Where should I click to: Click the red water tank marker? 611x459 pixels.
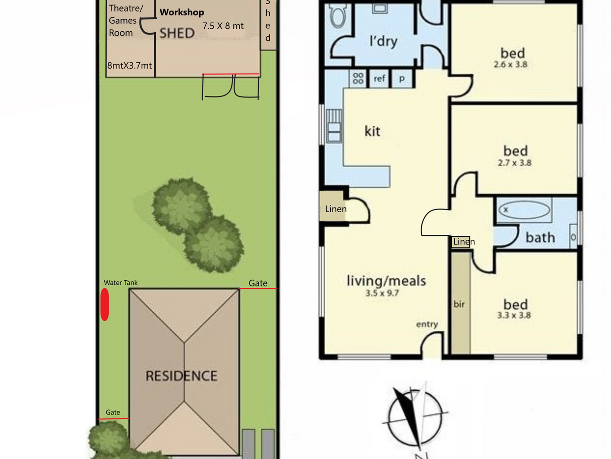click(x=105, y=304)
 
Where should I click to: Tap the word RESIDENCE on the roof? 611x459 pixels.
click(x=181, y=376)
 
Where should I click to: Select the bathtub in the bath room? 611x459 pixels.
click(x=524, y=210)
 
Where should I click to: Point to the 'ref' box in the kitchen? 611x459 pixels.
click(x=380, y=79)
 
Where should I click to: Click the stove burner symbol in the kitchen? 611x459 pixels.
click(x=358, y=78)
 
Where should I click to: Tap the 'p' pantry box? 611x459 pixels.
click(x=402, y=79)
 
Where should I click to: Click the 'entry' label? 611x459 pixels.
click(x=427, y=324)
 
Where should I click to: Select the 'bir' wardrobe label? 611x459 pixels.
click(x=459, y=304)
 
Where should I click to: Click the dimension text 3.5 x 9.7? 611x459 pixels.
click(x=382, y=293)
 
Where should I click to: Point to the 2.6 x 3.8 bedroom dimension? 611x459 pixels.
click(x=511, y=65)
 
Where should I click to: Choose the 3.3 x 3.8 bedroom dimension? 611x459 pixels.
click(x=514, y=315)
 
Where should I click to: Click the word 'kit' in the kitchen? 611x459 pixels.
click(x=373, y=131)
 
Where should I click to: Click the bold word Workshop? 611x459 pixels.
click(x=182, y=13)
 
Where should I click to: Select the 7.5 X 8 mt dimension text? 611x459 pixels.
click(x=223, y=26)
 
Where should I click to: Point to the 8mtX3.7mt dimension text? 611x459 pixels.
click(x=130, y=66)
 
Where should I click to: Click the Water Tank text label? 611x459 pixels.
click(x=120, y=283)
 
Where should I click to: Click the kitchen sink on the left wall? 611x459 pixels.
click(x=334, y=126)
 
